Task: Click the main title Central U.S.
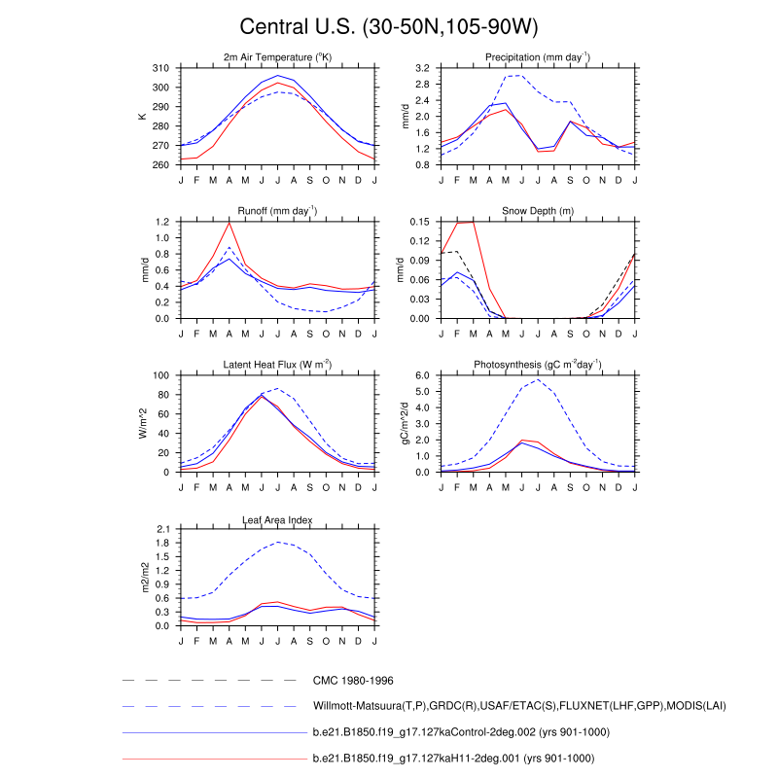pyautogui.click(x=389, y=26)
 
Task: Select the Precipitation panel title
pyautogui.click(x=538, y=57)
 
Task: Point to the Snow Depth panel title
pyautogui.click(x=538, y=211)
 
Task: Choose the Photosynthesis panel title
pyautogui.click(x=538, y=365)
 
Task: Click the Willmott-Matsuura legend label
pyautogui.click(x=519, y=705)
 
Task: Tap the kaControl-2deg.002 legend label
pyautogui.click(x=453, y=730)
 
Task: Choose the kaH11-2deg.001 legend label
pyautogui.click(x=453, y=757)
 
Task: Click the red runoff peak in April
pyautogui.click(x=230, y=223)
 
